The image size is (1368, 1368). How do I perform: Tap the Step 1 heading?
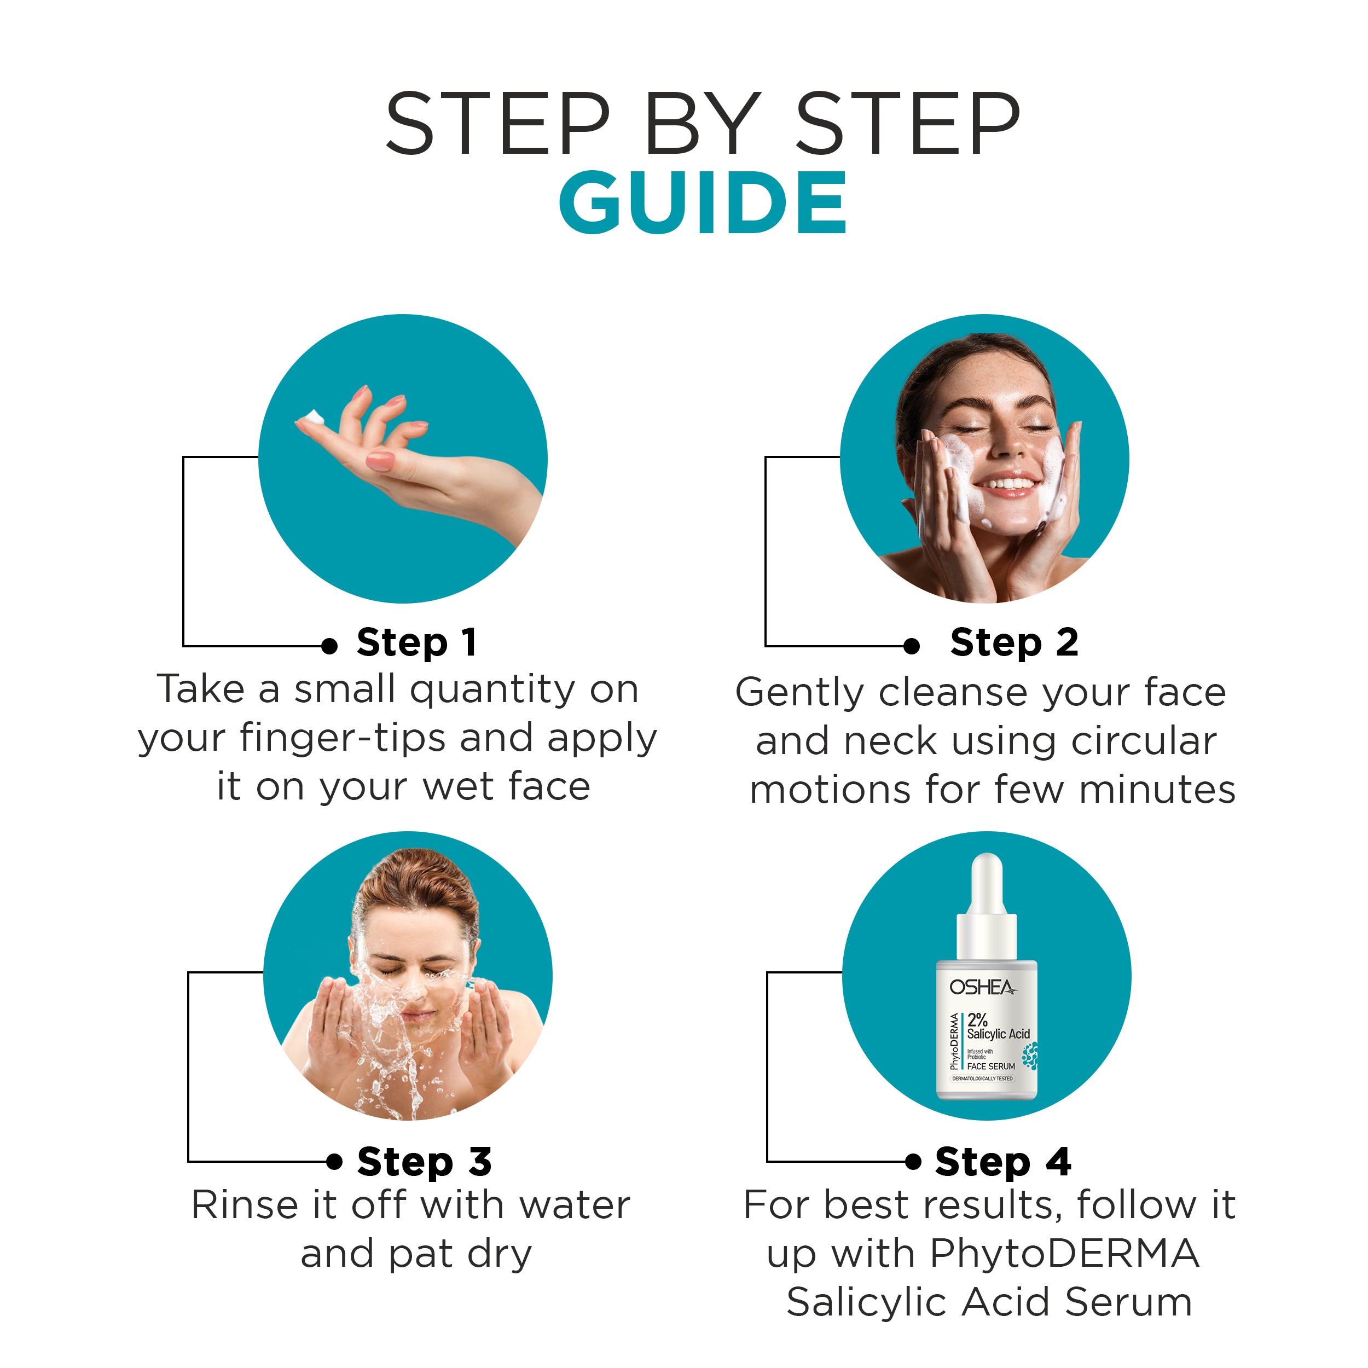point(416,643)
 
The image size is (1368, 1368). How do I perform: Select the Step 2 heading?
point(1014,643)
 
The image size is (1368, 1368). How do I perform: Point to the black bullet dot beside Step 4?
point(913,1161)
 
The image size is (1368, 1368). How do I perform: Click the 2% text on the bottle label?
point(977,1019)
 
